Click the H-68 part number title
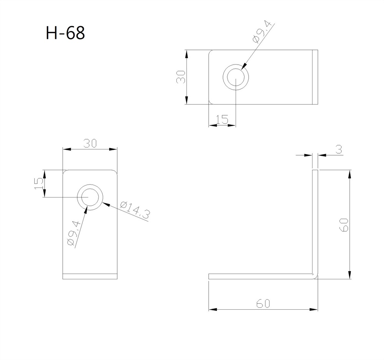pos(65,33)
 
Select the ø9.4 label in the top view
pos(262,32)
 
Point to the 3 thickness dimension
pos(339,149)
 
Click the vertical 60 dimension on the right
pos(344,225)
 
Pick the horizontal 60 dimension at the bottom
pos(263,304)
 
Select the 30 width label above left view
pos(90,143)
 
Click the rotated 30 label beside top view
pos(181,77)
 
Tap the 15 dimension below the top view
pos(222,119)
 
